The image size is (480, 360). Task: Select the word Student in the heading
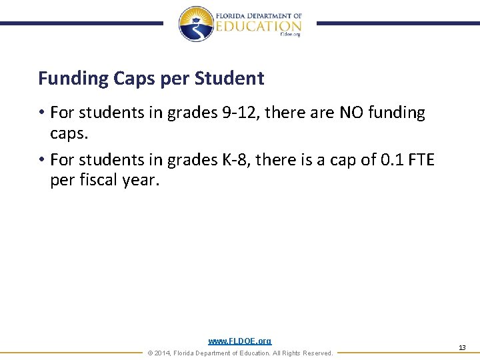(x=229, y=79)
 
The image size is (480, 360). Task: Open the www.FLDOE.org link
(x=240, y=341)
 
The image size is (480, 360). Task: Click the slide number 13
(x=462, y=348)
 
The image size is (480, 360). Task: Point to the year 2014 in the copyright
(x=162, y=353)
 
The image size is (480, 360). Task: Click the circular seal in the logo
(x=195, y=23)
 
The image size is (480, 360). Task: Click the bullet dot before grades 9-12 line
(x=41, y=113)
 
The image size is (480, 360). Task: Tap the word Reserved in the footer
(x=316, y=353)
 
